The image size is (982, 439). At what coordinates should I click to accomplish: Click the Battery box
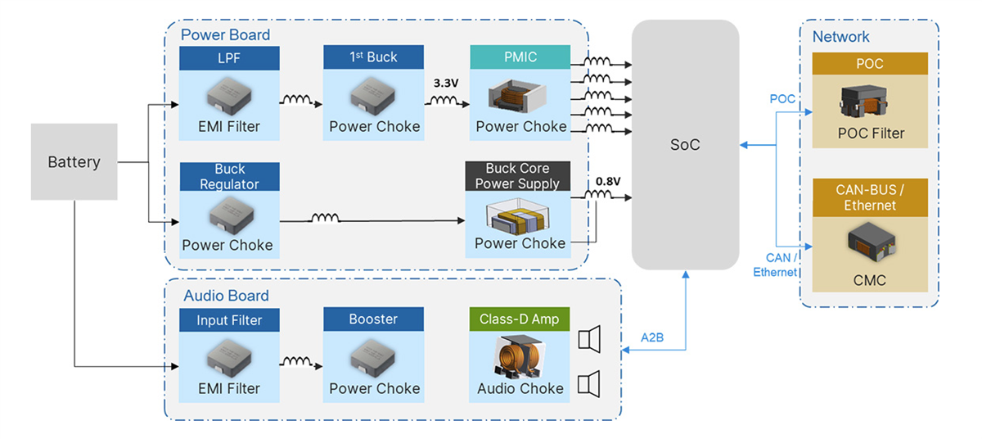(74, 161)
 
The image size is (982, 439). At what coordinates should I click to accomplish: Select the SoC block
(685, 145)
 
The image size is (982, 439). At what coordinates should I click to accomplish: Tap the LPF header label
(229, 57)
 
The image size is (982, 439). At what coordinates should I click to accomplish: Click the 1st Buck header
(373, 57)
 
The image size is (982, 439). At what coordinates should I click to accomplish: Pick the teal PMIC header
(520, 57)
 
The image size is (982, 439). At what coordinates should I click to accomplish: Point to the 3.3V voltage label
(447, 84)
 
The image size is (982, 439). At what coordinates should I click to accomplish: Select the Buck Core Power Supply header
(517, 176)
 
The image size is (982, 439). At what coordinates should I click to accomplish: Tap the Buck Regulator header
(229, 177)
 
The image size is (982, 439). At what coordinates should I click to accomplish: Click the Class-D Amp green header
(520, 319)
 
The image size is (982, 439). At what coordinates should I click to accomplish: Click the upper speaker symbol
(589, 339)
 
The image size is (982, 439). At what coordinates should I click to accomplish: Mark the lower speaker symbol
(589, 382)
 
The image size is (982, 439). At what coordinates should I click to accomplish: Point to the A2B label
(651, 336)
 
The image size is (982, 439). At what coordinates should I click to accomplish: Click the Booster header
(373, 319)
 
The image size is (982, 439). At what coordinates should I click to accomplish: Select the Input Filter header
(229, 319)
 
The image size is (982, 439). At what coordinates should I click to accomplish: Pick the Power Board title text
(225, 35)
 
